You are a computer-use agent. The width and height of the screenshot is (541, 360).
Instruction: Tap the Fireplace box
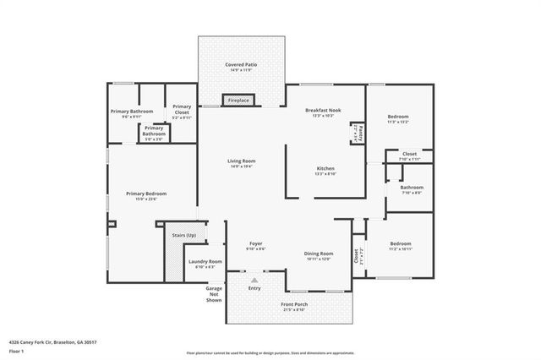(x=238, y=101)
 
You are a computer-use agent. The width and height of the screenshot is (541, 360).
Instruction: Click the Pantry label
(x=360, y=134)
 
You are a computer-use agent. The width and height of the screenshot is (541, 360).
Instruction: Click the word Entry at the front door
(x=254, y=288)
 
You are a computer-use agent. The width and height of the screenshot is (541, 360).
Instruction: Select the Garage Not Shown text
(x=214, y=294)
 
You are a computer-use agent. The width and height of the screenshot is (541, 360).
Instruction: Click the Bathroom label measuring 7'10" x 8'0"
(x=412, y=188)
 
